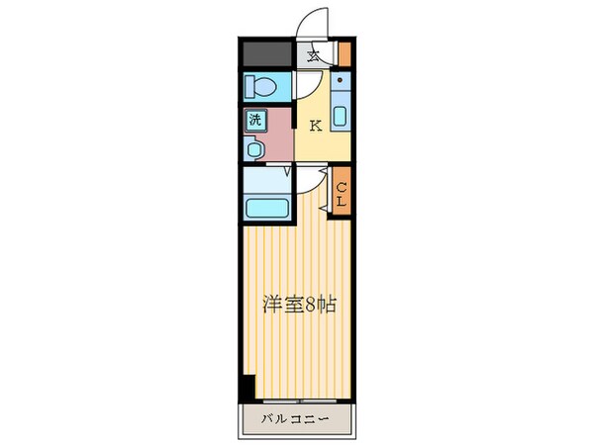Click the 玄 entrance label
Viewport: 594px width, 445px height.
313,56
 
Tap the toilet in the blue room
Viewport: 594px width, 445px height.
261,85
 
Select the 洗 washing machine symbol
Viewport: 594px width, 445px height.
254,121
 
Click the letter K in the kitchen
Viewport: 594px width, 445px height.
316,126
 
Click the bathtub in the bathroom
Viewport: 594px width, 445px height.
264,210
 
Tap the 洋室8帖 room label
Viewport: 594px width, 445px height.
297,305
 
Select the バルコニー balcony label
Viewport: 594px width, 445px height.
296,418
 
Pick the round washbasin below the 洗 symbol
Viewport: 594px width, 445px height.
254,149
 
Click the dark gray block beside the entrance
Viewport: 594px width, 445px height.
265,53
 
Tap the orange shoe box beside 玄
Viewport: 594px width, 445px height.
345,54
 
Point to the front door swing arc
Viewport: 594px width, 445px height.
317,22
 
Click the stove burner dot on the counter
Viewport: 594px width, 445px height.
340,77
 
